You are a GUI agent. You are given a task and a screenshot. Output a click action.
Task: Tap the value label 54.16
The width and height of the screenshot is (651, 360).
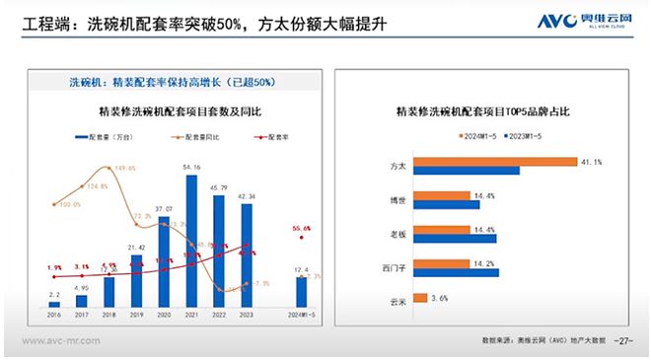[x=191, y=168]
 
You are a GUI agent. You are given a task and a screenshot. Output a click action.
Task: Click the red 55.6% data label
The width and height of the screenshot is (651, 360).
[x=302, y=228]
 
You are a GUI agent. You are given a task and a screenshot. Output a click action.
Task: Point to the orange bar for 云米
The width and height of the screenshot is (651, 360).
[x=420, y=297]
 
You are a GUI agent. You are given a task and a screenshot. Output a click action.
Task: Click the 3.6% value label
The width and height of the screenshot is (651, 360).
[x=441, y=297]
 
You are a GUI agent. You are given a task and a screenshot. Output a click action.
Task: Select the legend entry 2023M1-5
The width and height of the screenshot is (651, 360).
[x=529, y=135]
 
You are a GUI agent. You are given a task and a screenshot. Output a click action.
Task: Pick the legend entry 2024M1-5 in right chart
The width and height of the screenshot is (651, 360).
[x=479, y=135]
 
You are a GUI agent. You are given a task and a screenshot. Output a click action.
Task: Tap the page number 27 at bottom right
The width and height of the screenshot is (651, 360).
[x=622, y=339]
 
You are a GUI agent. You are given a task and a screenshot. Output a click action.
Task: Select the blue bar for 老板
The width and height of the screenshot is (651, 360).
[x=455, y=238]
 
